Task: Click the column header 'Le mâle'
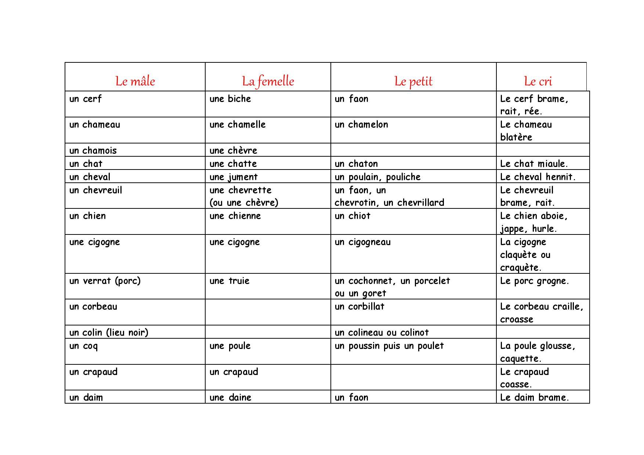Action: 135,81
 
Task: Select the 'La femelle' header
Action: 268,81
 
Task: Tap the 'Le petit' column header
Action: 413,81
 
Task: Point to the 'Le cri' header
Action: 538,81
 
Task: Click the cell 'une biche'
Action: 230,99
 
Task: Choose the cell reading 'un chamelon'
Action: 361,124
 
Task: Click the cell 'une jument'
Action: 234,177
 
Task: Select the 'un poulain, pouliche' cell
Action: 377,177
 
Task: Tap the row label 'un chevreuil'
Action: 95,190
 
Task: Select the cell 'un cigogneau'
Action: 363,242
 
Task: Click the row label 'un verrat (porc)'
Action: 105,281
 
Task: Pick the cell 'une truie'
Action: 229,281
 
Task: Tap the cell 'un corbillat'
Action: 359,307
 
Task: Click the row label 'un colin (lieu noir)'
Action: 109,332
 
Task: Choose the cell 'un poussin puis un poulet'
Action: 389,346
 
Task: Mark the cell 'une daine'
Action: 230,397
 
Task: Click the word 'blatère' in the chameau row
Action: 516,137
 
